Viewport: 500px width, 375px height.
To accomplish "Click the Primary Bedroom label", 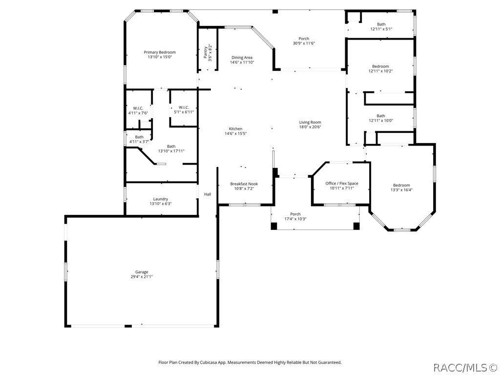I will pyautogui.click(x=160, y=52).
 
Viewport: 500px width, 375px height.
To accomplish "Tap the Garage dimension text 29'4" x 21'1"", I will pyautogui.click(x=142, y=277).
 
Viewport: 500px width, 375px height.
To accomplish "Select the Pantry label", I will pyautogui.click(x=206, y=51).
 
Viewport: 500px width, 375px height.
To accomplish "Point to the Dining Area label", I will pyautogui.click(x=242, y=58).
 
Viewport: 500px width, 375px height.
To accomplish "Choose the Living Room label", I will pyautogui.click(x=310, y=123).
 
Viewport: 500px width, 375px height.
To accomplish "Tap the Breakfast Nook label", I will pyautogui.click(x=244, y=184).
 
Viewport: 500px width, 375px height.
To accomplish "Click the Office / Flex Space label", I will pyautogui.click(x=342, y=184).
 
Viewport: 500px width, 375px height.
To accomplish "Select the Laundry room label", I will pyautogui.click(x=161, y=199).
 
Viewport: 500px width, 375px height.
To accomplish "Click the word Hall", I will pyautogui.click(x=208, y=194).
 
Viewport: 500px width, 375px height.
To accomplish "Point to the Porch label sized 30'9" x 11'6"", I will pyautogui.click(x=304, y=39).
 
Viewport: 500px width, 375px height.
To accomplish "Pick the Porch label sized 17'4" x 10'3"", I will pyautogui.click(x=295, y=214).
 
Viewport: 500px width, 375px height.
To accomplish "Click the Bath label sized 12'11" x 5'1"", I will pyautogui.click(x=381, y=24).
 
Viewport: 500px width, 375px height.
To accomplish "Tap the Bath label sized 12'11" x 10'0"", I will pyautogui.click(x=381, y=116).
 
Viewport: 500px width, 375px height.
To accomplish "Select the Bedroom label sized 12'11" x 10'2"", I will pyautogui.click(x=381, y=66).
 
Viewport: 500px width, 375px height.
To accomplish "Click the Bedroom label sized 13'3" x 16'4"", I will pyautogui.click(x=401, y=185).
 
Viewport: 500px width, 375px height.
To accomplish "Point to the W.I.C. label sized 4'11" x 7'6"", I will pyautogui.click(x=138, y=108).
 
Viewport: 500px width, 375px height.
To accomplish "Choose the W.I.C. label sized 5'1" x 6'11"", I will pyautogui.click(x=184, y=107).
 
